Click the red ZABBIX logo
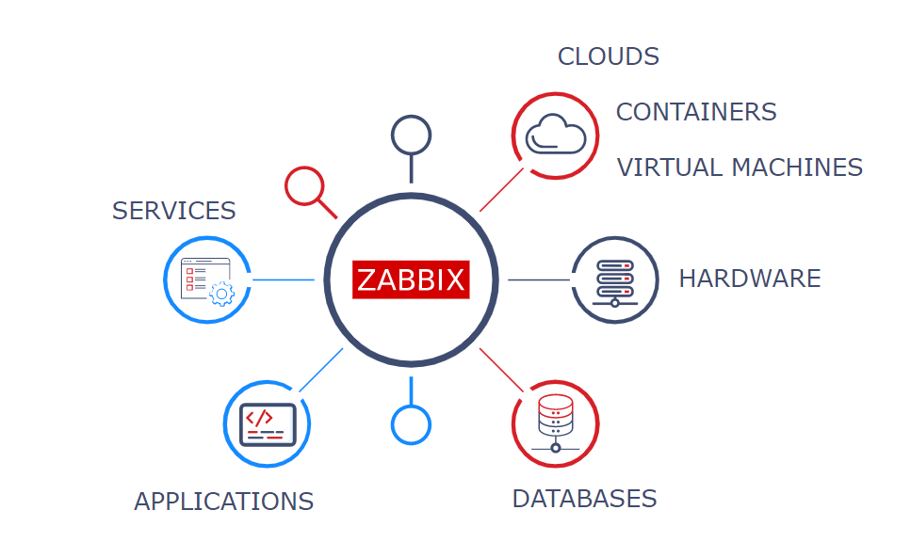[x=411, y=279]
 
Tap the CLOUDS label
[x=608, y=57]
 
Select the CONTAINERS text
[x=695, y=112]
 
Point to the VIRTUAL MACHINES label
[x=740, y=167]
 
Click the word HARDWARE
[x=749, y=279]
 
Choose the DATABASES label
[x=584, y=499]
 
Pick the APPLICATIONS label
[x=223, y=502]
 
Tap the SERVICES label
[x=173, y=211]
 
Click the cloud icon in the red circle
[x=555, y=135]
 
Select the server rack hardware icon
[x=614, y=279]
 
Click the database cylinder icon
[x=555, y=422]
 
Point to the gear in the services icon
[x=221, y=294]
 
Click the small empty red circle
[x=303, y=185]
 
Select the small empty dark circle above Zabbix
[x=411, y=135]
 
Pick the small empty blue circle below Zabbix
[x=411, y=424]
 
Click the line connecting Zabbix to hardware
[x=539, y=279]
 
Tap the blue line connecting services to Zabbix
[x=284, y=279]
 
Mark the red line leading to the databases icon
[x=500, y=369]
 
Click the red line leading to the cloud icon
[x=501, y=189]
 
